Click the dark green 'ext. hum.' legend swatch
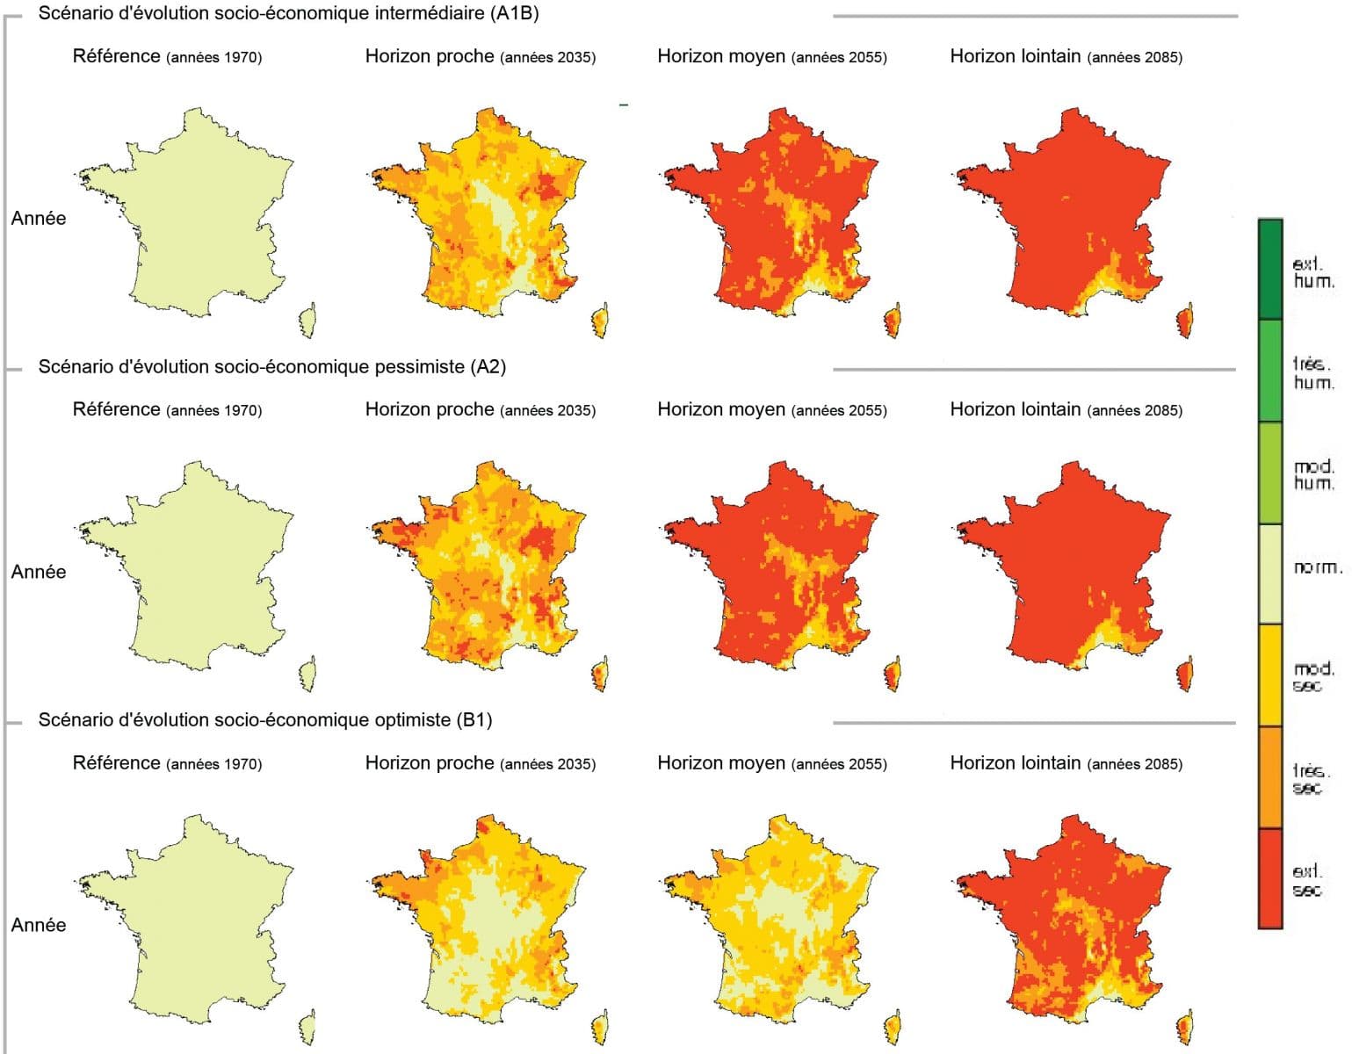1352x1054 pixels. click(x=1270, y=269)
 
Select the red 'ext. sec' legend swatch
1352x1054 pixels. click(x=1270, y=878)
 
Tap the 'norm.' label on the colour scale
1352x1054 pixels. click(x=1316, y=567)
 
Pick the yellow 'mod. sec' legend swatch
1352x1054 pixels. click(x=1270, y=675)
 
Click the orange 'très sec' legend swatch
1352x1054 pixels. click(x=1270, y=776)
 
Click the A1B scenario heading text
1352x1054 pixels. click(x=288, y=13)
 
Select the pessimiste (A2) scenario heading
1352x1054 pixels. click(x=271, y=366)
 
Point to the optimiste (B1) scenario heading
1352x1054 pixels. click(x=264, y=720)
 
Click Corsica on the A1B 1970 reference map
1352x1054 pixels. click(x=307, y=321)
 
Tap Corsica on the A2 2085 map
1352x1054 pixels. click(x=1184, y=674)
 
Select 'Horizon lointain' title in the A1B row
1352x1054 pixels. click(x=1015, y=56)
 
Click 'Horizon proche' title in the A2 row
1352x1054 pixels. click(x=430, y=409)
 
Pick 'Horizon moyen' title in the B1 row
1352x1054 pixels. click(x=721, y=763)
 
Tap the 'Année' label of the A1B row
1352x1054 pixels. click(x=39, y=218)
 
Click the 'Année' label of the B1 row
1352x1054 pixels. click(x=39, y=925)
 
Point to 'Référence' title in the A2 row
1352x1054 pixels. click(x=116, y=409)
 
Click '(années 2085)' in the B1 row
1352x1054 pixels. click(x=1134, y=764)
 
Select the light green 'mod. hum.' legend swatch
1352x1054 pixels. click(x=1270, y=473)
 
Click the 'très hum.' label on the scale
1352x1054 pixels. click(x=1313, y=373)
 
